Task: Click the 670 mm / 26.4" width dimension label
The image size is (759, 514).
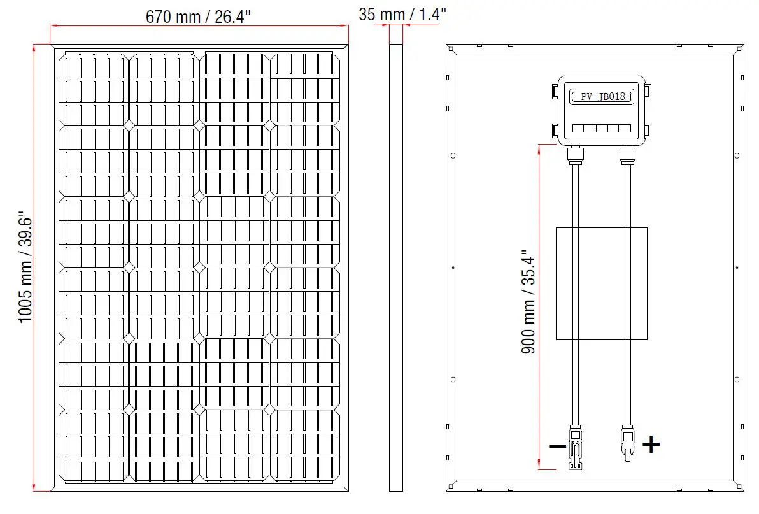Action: pos(199,17)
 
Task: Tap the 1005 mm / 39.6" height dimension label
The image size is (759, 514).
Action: pos(25,268)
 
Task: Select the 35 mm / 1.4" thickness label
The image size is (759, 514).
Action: pos(402,14)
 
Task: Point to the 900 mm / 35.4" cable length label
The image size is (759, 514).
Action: pos(528,302)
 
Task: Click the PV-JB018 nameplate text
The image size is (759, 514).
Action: pos(602,97)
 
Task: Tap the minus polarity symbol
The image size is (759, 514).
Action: pos(557,446)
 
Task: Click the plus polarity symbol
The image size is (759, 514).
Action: pos(650,444)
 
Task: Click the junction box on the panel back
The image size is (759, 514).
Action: pos(602,111)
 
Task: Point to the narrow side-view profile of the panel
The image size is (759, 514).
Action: pos(396,268)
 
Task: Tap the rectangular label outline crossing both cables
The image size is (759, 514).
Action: pos(601,283)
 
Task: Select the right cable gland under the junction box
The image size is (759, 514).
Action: pos(627,154)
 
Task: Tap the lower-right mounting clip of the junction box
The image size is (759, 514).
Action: pos(648,131)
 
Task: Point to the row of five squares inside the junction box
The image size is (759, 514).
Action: pos(602,128)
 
